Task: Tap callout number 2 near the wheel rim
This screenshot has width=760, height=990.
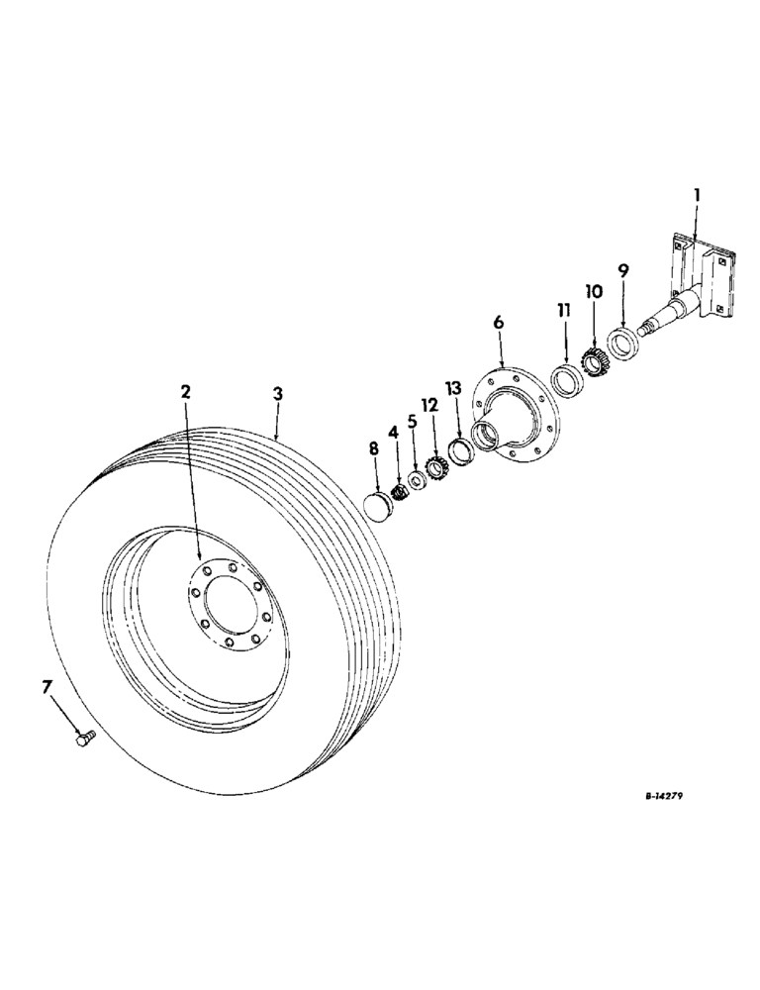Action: tap(185, 393)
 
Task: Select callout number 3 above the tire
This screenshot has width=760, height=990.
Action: tap(278, 393)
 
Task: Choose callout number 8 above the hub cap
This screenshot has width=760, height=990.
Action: tap(373, 449)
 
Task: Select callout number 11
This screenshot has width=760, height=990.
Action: tap(563, 310)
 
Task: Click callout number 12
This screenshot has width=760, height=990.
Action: tap(429, 405)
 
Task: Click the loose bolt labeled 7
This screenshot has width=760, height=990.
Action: tap(84, 737)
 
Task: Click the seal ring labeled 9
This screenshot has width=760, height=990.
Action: tap(621, 343)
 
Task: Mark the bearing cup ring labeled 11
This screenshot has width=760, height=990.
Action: tap(566, 382)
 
